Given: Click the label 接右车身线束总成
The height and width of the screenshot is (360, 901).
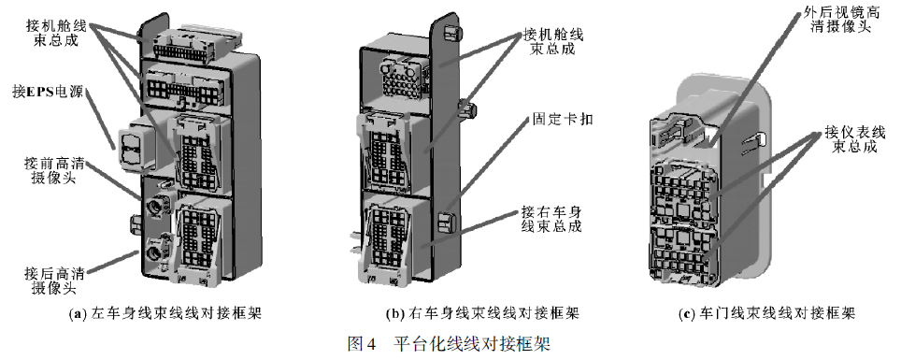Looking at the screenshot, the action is [551, 219].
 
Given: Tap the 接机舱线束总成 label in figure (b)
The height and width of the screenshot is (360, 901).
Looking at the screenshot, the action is [552, 42].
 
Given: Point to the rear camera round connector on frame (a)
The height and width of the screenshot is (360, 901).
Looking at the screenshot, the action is [153, 251].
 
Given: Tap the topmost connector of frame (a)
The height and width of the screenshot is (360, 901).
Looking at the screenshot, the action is [192, 43].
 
